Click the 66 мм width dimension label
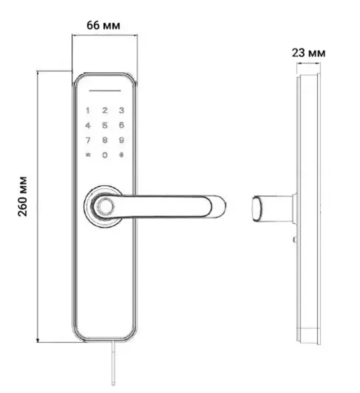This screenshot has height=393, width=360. coord(103,25)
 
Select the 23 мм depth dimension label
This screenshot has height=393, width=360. coord(309,52)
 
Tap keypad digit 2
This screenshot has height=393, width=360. coord(105,110)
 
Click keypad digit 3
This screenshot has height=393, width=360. coord(122,110)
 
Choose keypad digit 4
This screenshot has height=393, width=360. coord(88,125)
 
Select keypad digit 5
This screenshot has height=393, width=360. coord(105,125)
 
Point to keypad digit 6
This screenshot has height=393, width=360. coord(122,125)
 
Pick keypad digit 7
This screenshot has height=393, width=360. coord(88,140)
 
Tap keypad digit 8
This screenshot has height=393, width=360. coord(105,140)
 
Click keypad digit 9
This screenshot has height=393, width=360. coord(122,140)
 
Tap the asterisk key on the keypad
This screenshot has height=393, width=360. coord(88,155)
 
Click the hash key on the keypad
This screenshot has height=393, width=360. coord(122,155)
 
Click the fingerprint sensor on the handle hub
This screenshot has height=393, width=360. coord(104,207)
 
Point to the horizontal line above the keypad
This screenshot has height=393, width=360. coord(105,90)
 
